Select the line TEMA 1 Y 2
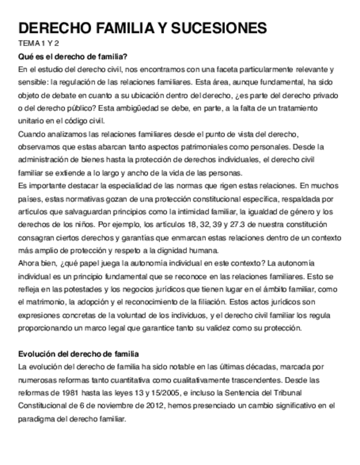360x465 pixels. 39,43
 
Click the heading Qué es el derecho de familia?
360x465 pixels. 73,56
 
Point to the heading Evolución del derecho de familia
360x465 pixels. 78,354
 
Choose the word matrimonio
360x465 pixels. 50,302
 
